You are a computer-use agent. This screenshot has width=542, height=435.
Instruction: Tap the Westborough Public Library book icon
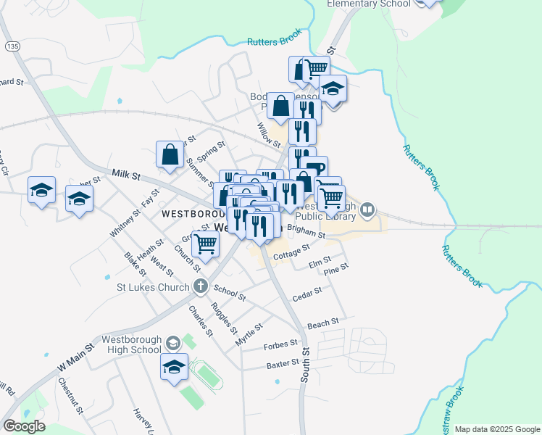368,210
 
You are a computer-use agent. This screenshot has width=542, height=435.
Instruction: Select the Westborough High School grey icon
172,342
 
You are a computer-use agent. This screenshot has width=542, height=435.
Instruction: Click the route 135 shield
12,46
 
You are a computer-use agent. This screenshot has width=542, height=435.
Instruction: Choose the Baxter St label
282,362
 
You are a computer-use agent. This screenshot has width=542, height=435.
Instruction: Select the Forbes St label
280,344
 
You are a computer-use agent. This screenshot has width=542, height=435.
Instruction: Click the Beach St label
322,323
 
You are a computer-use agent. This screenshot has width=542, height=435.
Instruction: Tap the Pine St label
337,268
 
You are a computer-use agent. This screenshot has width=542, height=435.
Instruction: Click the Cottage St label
292,253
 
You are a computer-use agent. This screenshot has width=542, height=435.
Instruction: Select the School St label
232,295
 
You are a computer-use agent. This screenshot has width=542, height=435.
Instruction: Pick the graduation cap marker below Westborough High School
174,367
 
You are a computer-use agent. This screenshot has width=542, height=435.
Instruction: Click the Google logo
24,426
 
